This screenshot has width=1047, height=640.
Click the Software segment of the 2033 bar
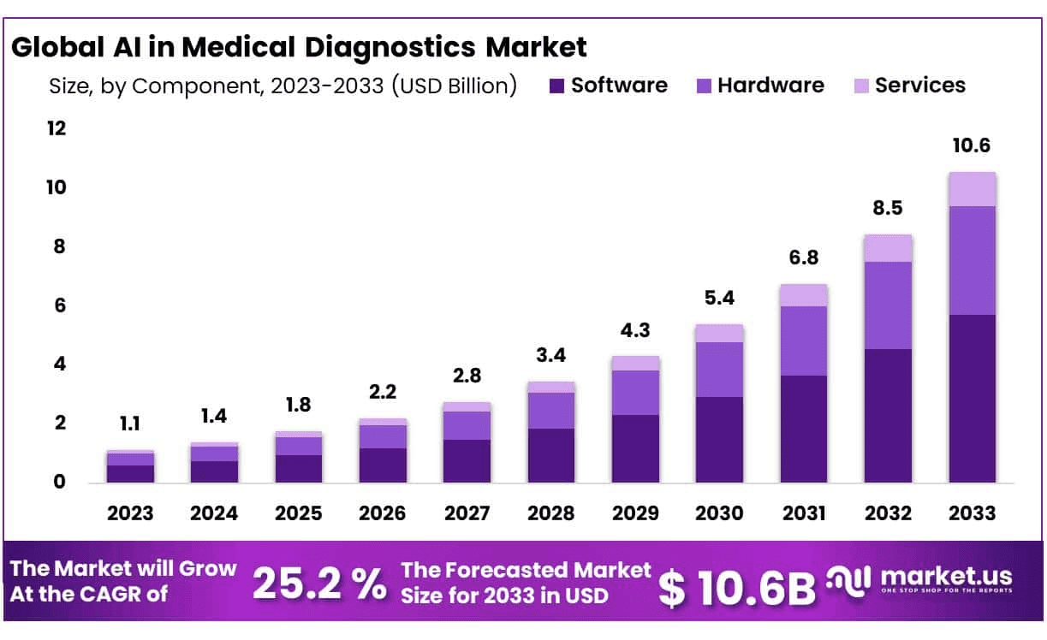coord(972,399)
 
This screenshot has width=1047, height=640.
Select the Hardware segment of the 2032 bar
coord(888,305)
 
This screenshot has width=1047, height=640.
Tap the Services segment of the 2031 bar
coord(803,295)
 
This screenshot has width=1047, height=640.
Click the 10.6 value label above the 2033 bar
coord(972,146)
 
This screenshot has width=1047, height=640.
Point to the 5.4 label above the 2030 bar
coord(719,299)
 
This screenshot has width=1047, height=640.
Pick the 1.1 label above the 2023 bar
coord(130,424)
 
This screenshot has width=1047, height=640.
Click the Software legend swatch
coord(556,86)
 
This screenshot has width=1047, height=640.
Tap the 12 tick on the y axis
coord(56,129)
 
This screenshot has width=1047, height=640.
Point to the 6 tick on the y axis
coord(59,306)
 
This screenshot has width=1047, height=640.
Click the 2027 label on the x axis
coord(467,513)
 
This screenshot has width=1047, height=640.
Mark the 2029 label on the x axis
coord(635,513)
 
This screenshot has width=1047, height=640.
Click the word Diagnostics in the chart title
coord(388,47)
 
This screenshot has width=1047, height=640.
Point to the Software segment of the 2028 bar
coord(550,455)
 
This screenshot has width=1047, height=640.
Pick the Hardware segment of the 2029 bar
coord(635,393)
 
